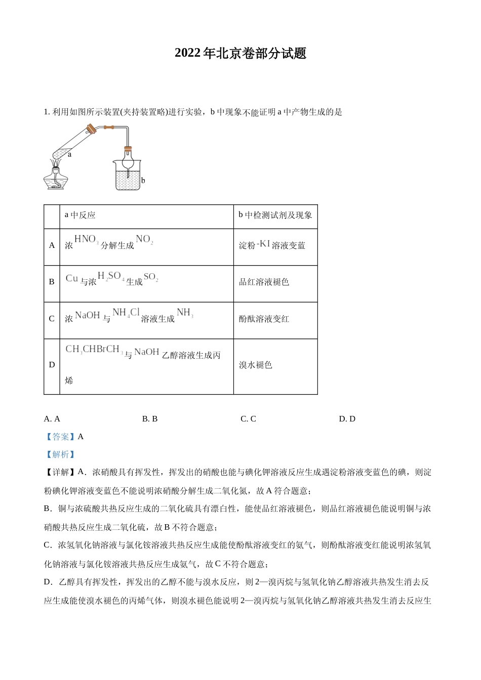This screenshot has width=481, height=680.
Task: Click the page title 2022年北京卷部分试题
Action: (240, 54)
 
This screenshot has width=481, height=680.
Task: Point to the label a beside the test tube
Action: (69, 154)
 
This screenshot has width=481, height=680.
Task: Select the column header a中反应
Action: (80, 215)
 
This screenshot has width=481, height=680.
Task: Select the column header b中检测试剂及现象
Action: (275, 215)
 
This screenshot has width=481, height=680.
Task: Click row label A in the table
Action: (52, 245)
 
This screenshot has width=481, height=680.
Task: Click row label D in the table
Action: (52, 365)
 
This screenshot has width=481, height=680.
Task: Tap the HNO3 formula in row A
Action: (86, 239)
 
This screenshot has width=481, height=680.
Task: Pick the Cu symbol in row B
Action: (72, 278)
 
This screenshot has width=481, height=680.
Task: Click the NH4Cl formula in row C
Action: (126, 313)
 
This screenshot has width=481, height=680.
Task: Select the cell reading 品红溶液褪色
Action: (264, 282)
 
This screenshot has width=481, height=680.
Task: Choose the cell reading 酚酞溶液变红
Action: (264, 319)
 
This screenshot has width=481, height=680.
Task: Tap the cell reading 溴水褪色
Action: (256, 365)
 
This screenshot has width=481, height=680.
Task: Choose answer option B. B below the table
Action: (150, 419)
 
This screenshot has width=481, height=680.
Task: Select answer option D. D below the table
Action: (347, 419)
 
